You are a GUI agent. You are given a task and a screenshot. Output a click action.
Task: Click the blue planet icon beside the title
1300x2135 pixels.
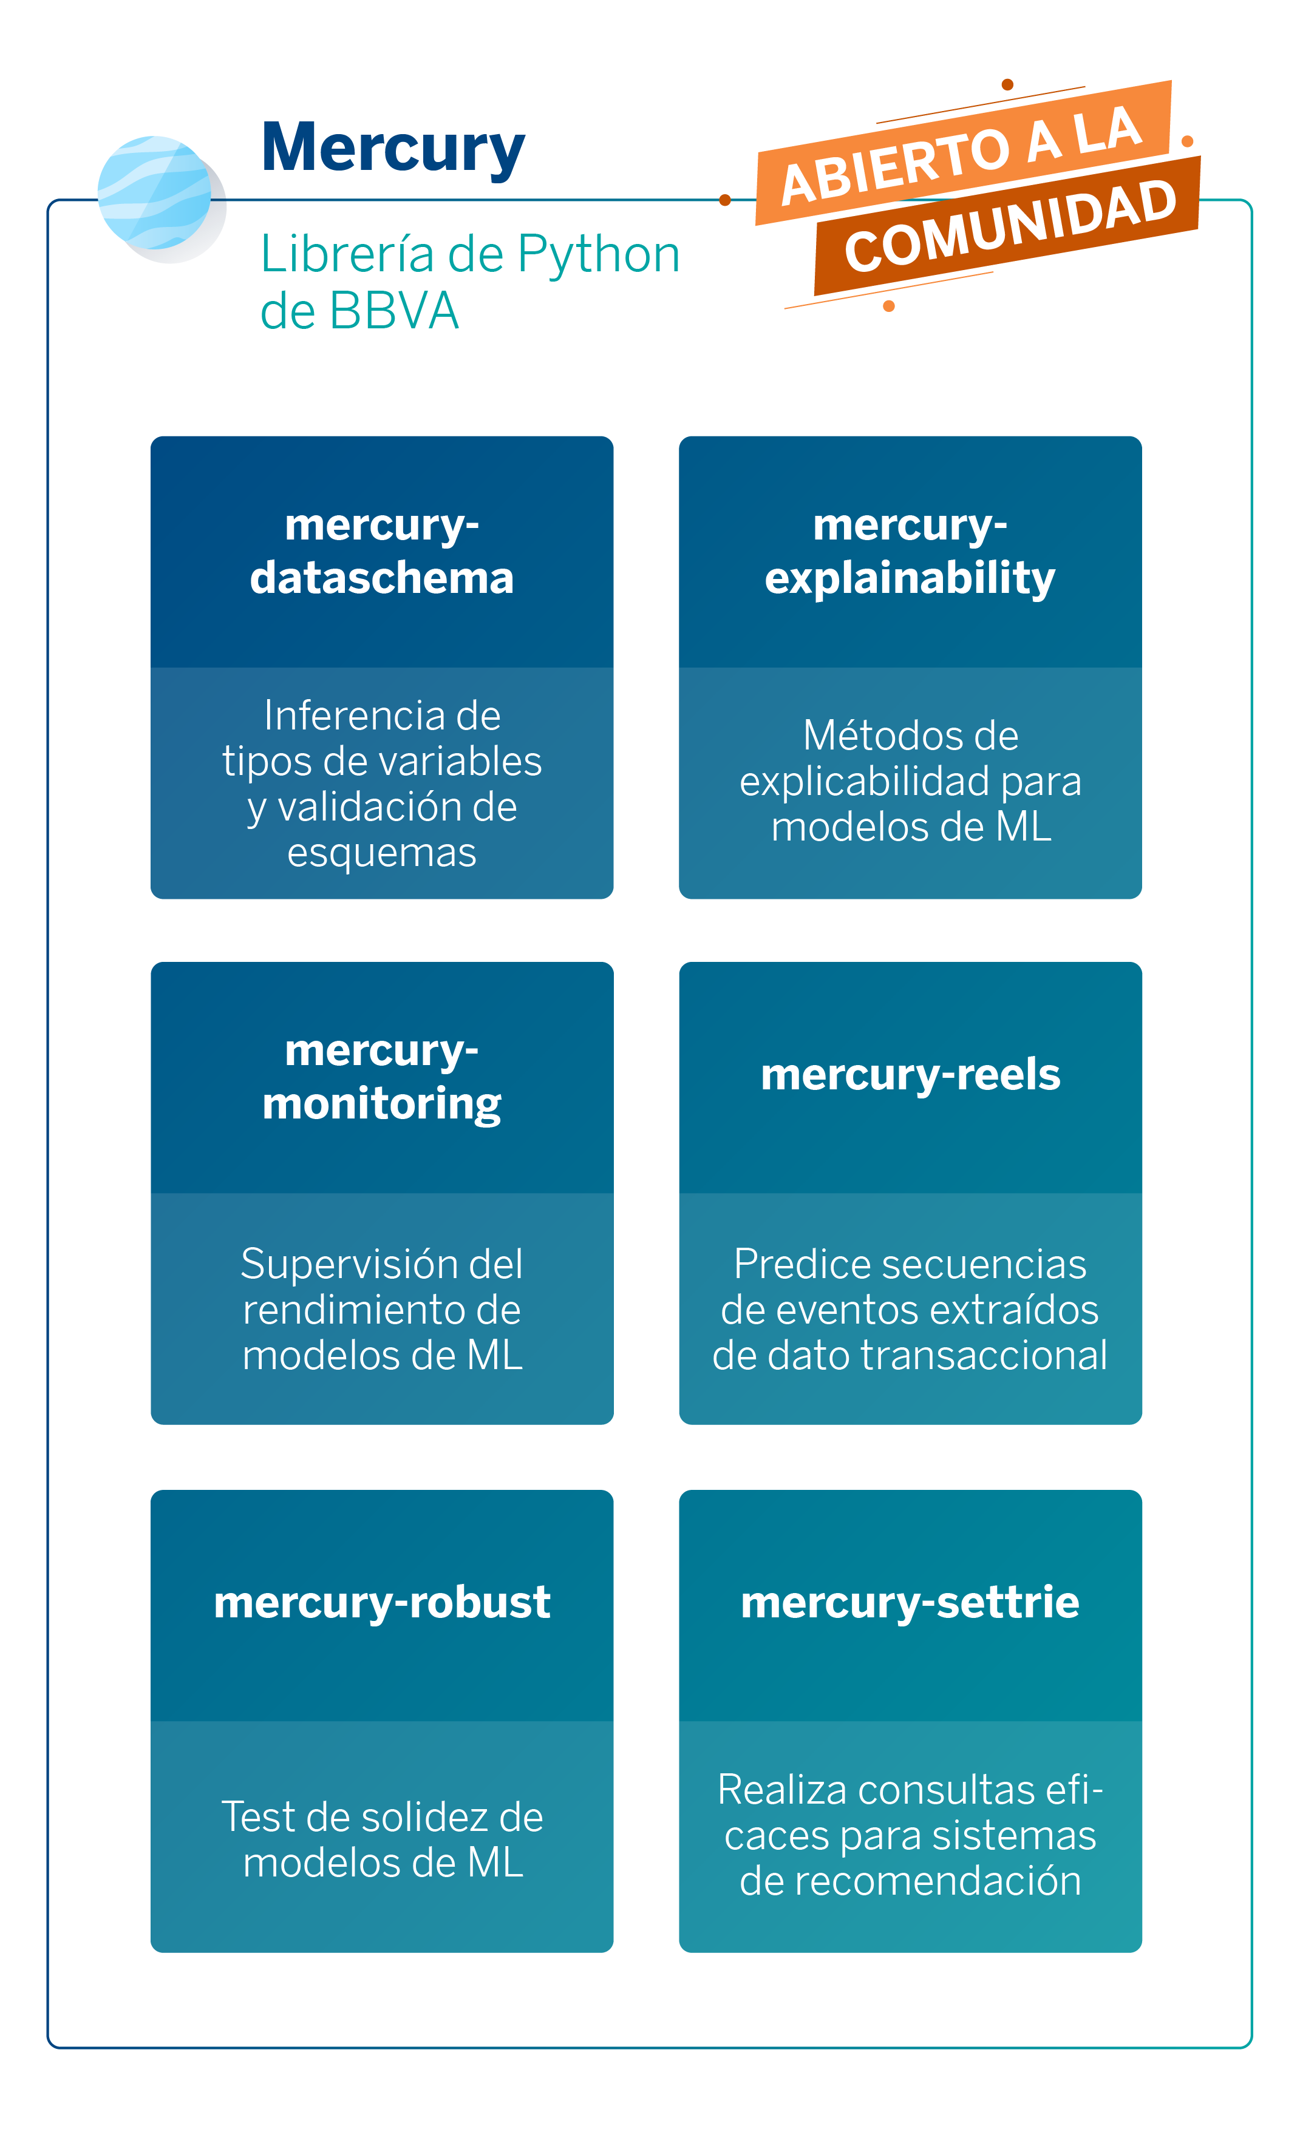click(156, 194)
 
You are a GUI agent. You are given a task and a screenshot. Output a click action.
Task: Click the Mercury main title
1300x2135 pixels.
click(393, 149)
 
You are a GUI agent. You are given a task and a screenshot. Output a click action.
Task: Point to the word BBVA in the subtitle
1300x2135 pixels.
click(393, 311)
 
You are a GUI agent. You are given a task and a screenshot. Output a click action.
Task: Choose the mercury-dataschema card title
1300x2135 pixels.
click(382, 551)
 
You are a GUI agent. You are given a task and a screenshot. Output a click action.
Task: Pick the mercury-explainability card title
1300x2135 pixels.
click(910, 551)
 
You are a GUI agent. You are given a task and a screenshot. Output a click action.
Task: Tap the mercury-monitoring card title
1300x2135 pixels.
click(382, 1077)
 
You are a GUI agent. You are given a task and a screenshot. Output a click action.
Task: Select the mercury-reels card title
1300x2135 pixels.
click(910, 1074)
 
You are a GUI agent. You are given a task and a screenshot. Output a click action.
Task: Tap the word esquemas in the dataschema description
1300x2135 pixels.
click(382, 853)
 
